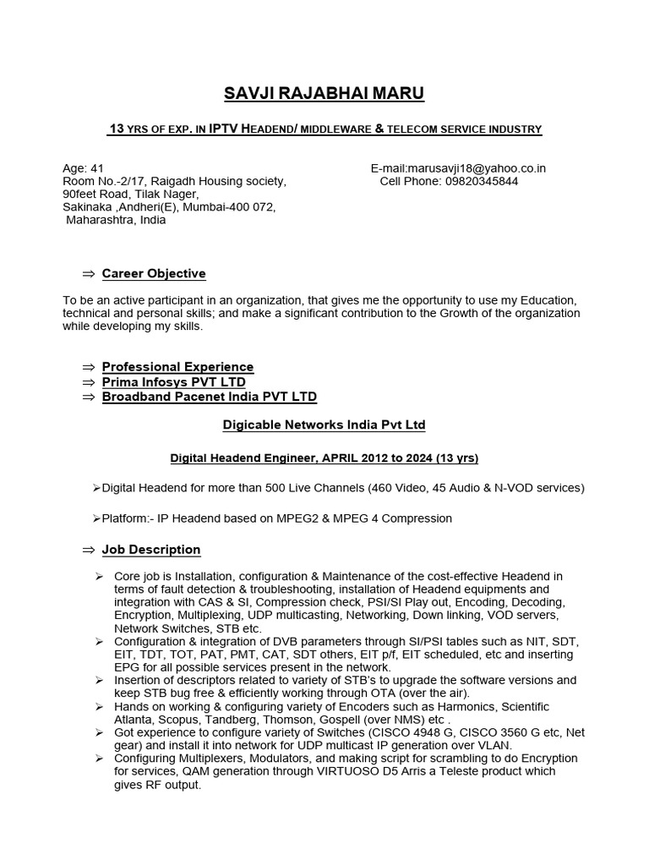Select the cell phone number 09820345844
pyautogui.click(x=483, y=181)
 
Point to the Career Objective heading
pyautogui.click(x=154, y=274)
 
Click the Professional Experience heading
pyautogui.click(x=177, y=367)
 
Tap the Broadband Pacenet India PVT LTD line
pyautogui.click(x=210, y=397)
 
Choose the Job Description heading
pyautogui.click(x=151, y=550)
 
